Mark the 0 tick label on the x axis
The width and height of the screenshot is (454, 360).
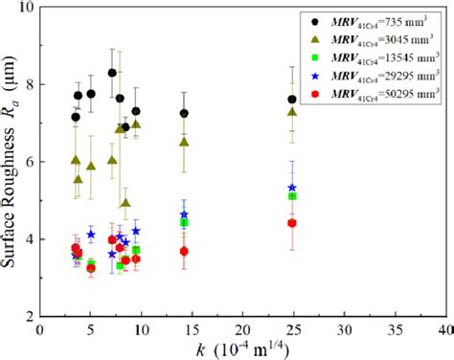click(39, 328)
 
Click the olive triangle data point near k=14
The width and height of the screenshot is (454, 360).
click(184, 142)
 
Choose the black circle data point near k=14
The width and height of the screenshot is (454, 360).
click(184, 113)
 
